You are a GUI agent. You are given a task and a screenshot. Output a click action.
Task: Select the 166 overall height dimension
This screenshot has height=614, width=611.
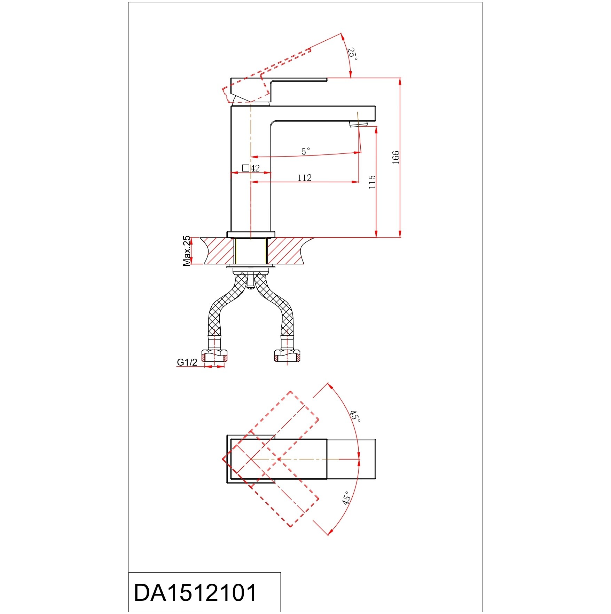(x=396, y=158)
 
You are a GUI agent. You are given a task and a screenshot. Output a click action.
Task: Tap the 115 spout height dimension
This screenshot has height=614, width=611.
(x=372, y=182)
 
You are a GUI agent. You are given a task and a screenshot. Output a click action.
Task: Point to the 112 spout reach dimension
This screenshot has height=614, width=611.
(x=304, y=178)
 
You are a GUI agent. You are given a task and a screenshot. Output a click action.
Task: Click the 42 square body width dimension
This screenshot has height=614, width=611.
(x=255, y=168)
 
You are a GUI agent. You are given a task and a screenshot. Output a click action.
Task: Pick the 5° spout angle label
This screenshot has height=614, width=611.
(x=305, y=151)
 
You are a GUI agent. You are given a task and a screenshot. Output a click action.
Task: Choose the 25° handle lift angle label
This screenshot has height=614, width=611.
(x=353, y=54)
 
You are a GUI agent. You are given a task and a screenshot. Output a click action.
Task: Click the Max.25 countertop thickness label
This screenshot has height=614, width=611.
(x=187, y=251)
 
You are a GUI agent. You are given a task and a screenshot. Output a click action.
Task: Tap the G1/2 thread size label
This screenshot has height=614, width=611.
(x=187, y=362)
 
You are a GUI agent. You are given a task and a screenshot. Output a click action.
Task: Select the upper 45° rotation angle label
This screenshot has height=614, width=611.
(x=355, y=416)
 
